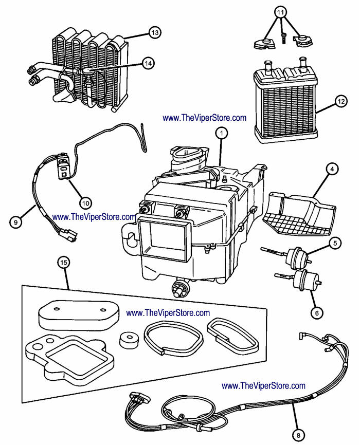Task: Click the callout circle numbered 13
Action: [155, 33]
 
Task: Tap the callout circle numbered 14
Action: [148, 63]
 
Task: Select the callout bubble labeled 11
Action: [280, 12]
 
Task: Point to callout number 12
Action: [341, 101]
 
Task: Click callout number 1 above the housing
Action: [222, 133]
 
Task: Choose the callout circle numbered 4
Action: [332, 170]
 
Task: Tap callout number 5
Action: [335, 243]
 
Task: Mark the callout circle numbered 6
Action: [317, 313]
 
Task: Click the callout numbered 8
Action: [298, 435]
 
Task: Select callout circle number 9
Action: [15, 222]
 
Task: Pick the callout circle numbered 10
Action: [85, 203]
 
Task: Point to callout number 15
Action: [64, 263]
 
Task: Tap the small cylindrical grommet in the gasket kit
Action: [129, 340]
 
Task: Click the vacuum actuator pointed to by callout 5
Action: [297, 257]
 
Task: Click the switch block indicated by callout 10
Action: [63, 166]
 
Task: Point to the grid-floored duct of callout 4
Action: [299, 213]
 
